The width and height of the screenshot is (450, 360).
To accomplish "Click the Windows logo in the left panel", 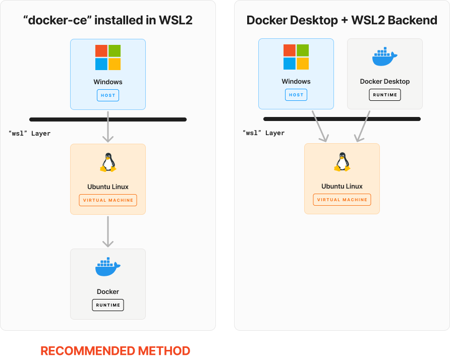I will click(108, 57).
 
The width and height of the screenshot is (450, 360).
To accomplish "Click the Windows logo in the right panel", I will click(296, 57).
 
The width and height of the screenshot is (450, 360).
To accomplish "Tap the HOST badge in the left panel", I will click(108, 95).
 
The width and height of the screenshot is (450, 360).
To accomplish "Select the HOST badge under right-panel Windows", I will click(296, 95).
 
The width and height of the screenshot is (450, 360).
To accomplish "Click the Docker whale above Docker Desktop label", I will click(385, 57).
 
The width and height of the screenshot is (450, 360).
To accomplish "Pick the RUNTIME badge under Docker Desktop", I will click(385, 95).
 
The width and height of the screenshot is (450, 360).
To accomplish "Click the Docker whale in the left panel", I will click(108, 267).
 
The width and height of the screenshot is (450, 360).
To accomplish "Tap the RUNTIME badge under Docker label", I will click(108, 305).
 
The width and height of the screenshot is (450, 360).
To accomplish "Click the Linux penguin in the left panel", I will click(108, 163).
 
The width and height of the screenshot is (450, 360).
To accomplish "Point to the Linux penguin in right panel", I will click(342, 162).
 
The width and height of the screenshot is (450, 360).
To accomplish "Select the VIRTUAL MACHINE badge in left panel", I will click(108, 200).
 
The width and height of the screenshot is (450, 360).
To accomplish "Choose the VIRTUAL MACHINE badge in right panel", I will click(342, 200).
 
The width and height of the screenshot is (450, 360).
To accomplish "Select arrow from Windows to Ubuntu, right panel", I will click(320, 127).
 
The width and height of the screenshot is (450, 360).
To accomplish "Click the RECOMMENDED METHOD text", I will click(115, 351).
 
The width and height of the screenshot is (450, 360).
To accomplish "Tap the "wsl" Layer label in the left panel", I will click(30, 134).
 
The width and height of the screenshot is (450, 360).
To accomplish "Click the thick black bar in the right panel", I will click(342, 119).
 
